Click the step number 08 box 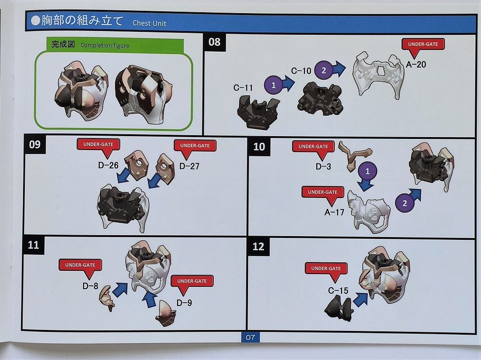coord(215,42)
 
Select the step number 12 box coord(258,246)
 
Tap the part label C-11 coord(243,88)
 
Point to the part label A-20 coord(416,64)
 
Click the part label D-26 coord(108,166)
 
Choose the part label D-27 coord(189,166)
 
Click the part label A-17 coord(334,212)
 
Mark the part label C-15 coord(338,291)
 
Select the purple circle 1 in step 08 coord(273,85)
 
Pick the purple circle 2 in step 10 coord(404,203)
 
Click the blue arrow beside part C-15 coord(361,299)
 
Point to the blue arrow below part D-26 coord(124,176)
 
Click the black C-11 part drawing coord(258,111)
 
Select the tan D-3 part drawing coord(355,155)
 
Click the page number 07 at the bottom coord(250,337)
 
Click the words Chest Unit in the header coord(149,23)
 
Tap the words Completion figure coord(105,46)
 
